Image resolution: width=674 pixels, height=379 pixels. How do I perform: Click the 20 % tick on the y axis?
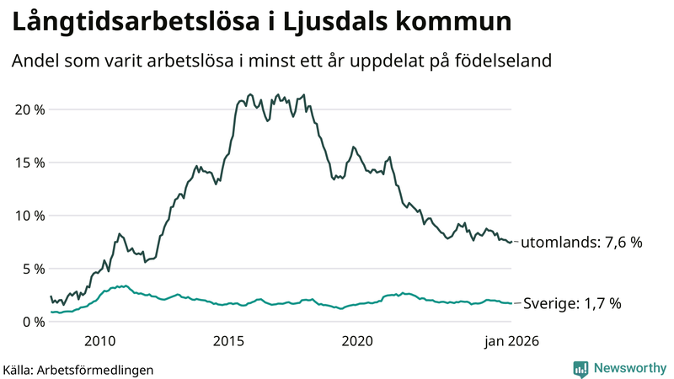click(x=27, y=109)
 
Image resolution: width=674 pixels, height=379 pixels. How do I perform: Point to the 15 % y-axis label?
click(x=27, y=163)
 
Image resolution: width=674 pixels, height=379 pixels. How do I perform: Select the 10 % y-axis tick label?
click(x=27, y=216)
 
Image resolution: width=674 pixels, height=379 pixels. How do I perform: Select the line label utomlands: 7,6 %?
click(x=581, y=243)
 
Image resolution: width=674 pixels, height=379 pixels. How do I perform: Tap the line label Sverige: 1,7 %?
click(x=572, y=303)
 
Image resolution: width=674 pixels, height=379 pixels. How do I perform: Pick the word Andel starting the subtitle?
click(x=35, y=61)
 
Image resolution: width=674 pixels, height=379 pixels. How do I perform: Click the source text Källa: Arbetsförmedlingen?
click(x=78, y=369)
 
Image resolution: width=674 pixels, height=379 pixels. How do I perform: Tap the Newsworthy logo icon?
click(x=580, y=368)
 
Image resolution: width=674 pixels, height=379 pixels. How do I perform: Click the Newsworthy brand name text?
click(x=629, y=368)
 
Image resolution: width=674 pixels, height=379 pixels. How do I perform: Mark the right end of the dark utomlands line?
click(x=511, y=243)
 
